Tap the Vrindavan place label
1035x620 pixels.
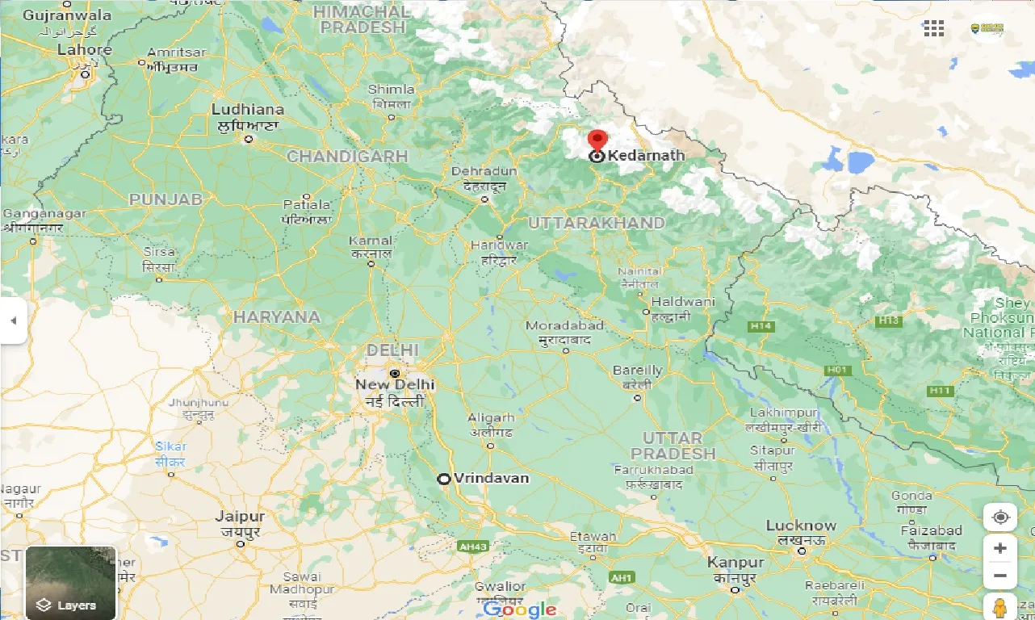click(491, 478)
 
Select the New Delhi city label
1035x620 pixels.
click(395, 384)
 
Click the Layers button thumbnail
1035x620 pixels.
click(71, 582)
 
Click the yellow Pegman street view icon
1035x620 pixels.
click(999, 606)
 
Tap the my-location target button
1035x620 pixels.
click(1000, 517)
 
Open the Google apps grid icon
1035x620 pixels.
click(933, 28)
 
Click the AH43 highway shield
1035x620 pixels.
click(472, 547)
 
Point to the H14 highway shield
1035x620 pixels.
click(760, 326)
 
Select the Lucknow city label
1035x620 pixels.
click(801, 526)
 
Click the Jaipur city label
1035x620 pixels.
click(240, 517)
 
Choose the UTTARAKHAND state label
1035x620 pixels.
click(597, 222)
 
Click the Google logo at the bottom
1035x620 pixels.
click(521, 609)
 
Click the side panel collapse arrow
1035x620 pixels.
click(13, 320)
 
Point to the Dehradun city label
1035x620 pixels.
click(484, 171)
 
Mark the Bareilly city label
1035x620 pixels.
click(637, 371)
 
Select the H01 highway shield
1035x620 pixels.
click(837, 370)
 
